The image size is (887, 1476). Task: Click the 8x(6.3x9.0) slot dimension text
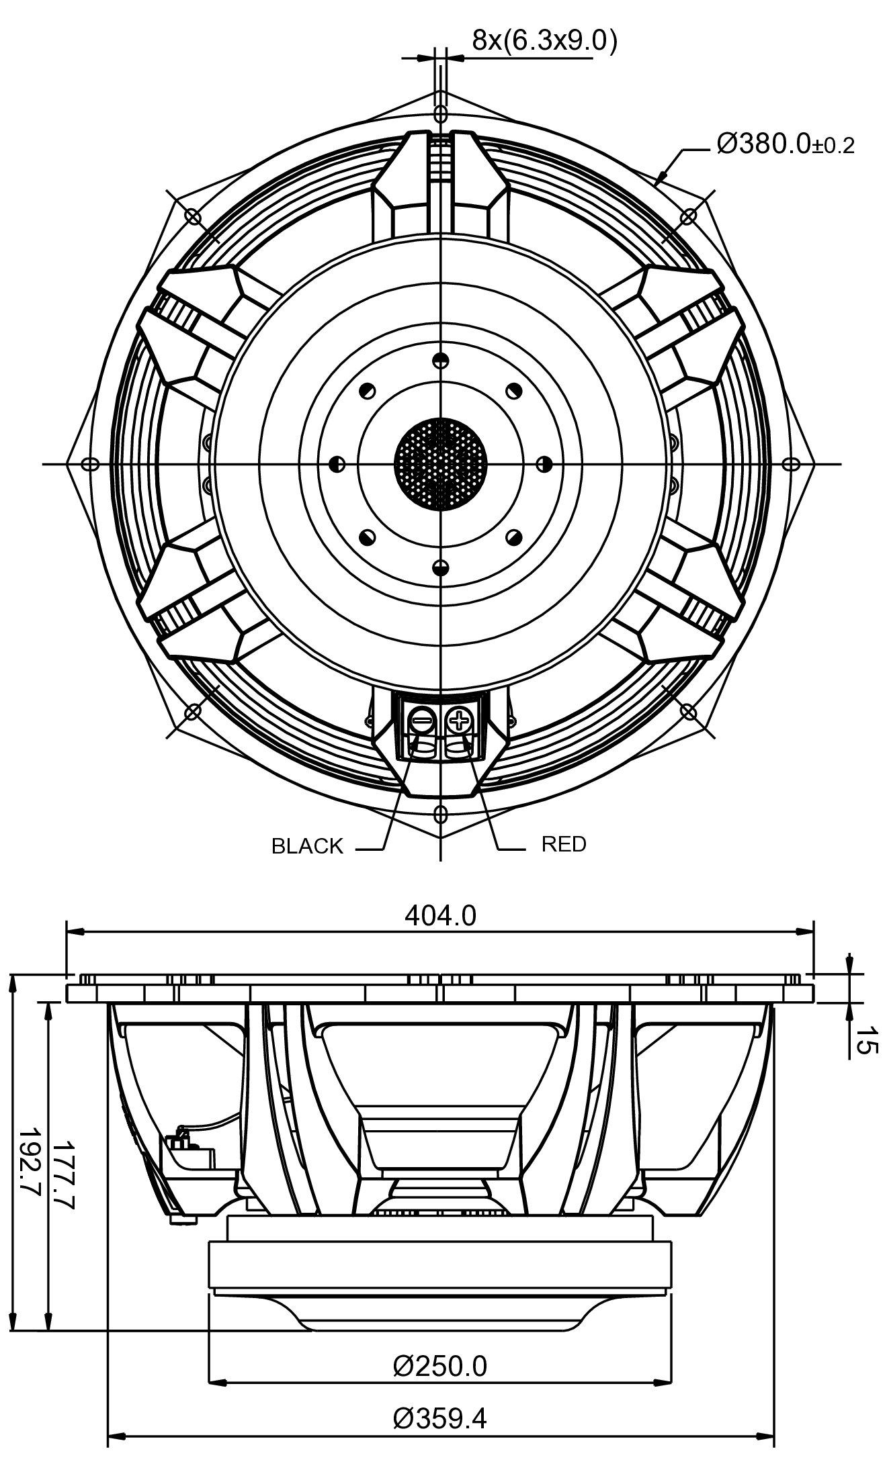[544, 41]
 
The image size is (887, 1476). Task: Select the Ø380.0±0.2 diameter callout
[785, 144]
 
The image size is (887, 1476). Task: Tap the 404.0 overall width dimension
[440, 915]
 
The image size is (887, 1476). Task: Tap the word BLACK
[307, 846]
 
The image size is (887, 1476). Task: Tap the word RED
[564, 844]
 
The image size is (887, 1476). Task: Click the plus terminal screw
[460, 721]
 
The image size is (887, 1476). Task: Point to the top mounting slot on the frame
[440, 112]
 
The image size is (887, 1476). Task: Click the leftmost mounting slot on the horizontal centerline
[89, 464]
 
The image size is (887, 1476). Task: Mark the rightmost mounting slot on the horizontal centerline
[792, 464]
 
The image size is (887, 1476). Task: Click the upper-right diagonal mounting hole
[688, 216]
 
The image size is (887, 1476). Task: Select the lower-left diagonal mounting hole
[193, 710]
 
